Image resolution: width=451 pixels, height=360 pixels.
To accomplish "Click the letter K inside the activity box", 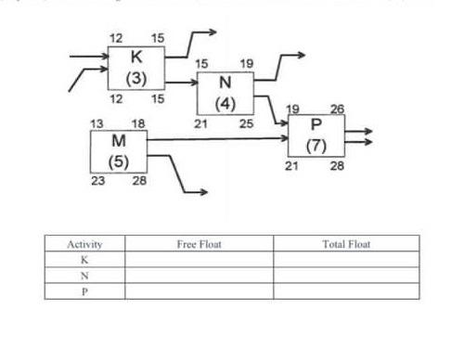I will point(135,58).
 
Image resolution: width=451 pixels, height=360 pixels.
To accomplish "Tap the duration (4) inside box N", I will point(225,101).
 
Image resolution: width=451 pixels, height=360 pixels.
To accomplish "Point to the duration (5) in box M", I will point(118,160).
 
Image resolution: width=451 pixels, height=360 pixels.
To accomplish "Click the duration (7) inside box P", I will point(316,145).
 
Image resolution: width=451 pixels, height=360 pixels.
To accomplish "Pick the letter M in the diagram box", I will point(118,141).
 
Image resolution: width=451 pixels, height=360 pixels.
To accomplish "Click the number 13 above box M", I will point(97,123).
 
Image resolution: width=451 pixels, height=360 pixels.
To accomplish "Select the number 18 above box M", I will point(138,123).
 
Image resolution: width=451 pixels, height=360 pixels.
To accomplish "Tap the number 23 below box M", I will point(97,181).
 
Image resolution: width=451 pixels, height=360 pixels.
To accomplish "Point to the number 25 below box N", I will point(246,123).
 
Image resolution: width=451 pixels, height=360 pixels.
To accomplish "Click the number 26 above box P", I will point(337,109).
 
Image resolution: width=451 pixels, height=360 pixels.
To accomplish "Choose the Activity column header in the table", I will point(84,245).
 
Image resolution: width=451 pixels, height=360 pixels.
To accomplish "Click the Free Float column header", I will point(199,245).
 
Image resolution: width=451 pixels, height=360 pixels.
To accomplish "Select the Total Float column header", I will point(346,245).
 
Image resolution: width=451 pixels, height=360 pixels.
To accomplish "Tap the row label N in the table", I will point(84,276).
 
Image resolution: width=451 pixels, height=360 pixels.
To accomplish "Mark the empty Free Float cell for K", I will point(199,261).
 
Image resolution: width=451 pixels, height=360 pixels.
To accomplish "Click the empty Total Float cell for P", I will point(346,291).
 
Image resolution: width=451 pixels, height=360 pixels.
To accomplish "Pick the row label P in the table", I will point(84,291).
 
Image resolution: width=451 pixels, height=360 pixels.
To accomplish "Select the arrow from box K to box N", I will point(180,81).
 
